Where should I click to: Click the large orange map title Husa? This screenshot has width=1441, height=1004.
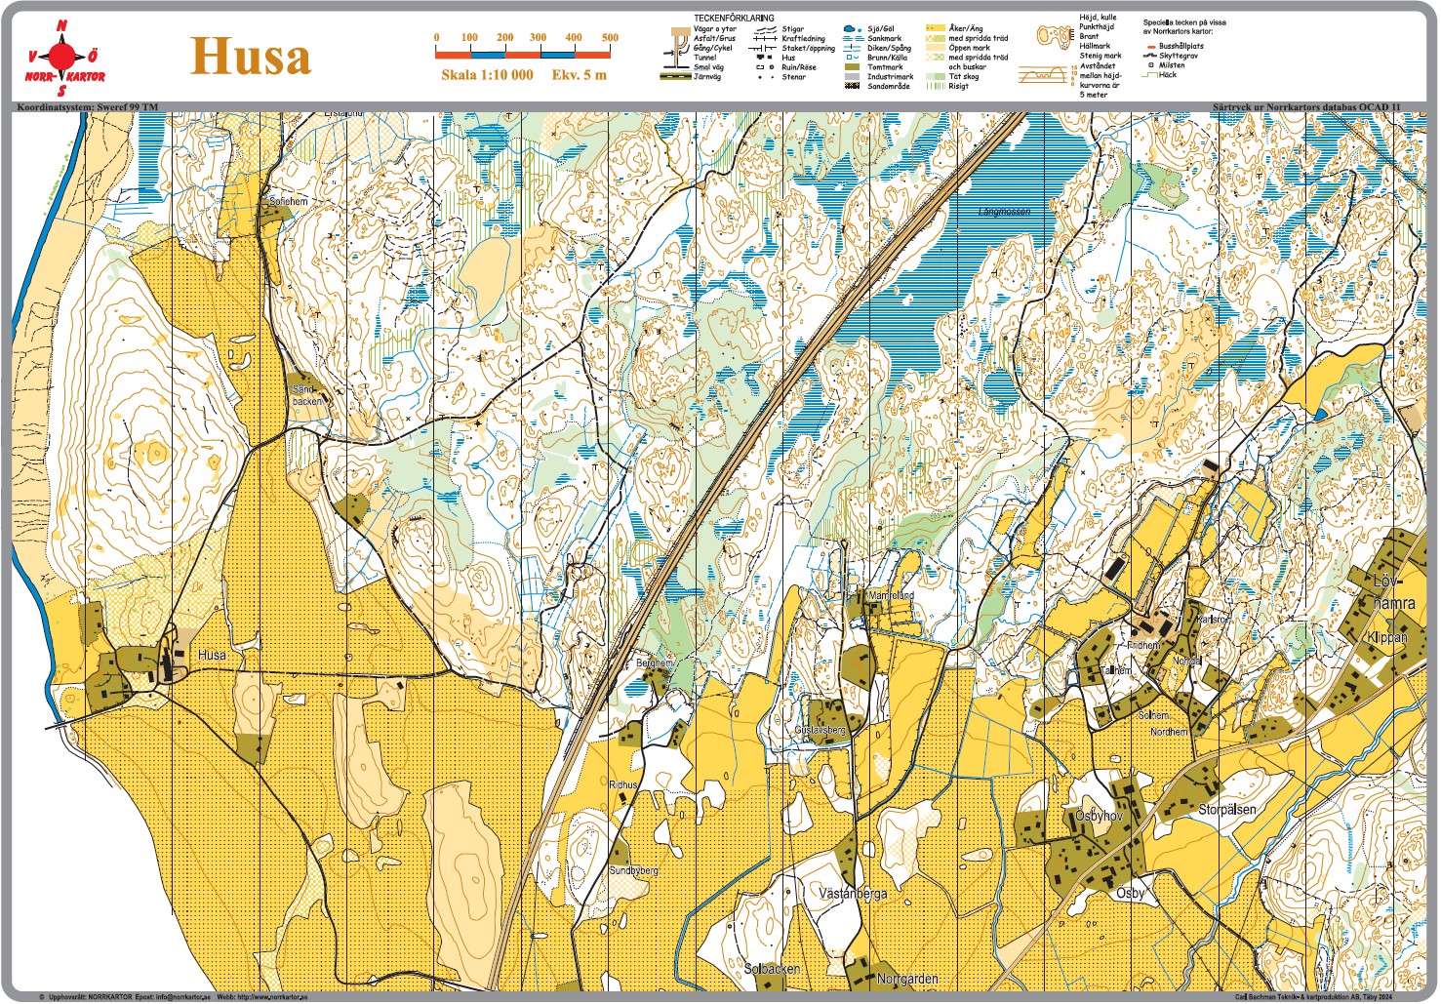[251, 56]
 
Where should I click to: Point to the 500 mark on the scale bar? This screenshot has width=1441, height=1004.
[610, 38]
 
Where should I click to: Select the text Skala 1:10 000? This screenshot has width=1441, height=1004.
[487, 75]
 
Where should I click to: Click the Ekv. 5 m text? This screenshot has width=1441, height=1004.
[579, 75]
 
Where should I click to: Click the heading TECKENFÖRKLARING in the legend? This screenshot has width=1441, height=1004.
[734, 19]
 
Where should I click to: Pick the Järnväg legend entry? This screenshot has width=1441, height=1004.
[707, 77]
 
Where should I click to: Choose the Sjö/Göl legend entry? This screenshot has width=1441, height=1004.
[881, 29]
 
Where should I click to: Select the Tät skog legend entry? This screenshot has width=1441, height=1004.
[963, 76]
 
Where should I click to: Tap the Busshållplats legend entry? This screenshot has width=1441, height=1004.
[1181, 46]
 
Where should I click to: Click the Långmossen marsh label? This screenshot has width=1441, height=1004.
[1004, 211]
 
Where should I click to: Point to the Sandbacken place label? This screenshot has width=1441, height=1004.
[307, 395]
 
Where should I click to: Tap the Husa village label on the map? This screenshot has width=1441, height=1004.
[212, 655]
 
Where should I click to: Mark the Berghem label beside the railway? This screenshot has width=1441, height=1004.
[655, 663]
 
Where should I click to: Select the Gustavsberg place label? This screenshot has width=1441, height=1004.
[820, 730]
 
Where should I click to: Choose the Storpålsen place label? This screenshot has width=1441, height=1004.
[1226, 810]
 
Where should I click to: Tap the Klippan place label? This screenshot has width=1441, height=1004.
[1387, 637]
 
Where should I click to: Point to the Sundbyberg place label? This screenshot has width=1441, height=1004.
[633, 870]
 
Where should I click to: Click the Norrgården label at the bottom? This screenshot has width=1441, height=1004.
[907, 979]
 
